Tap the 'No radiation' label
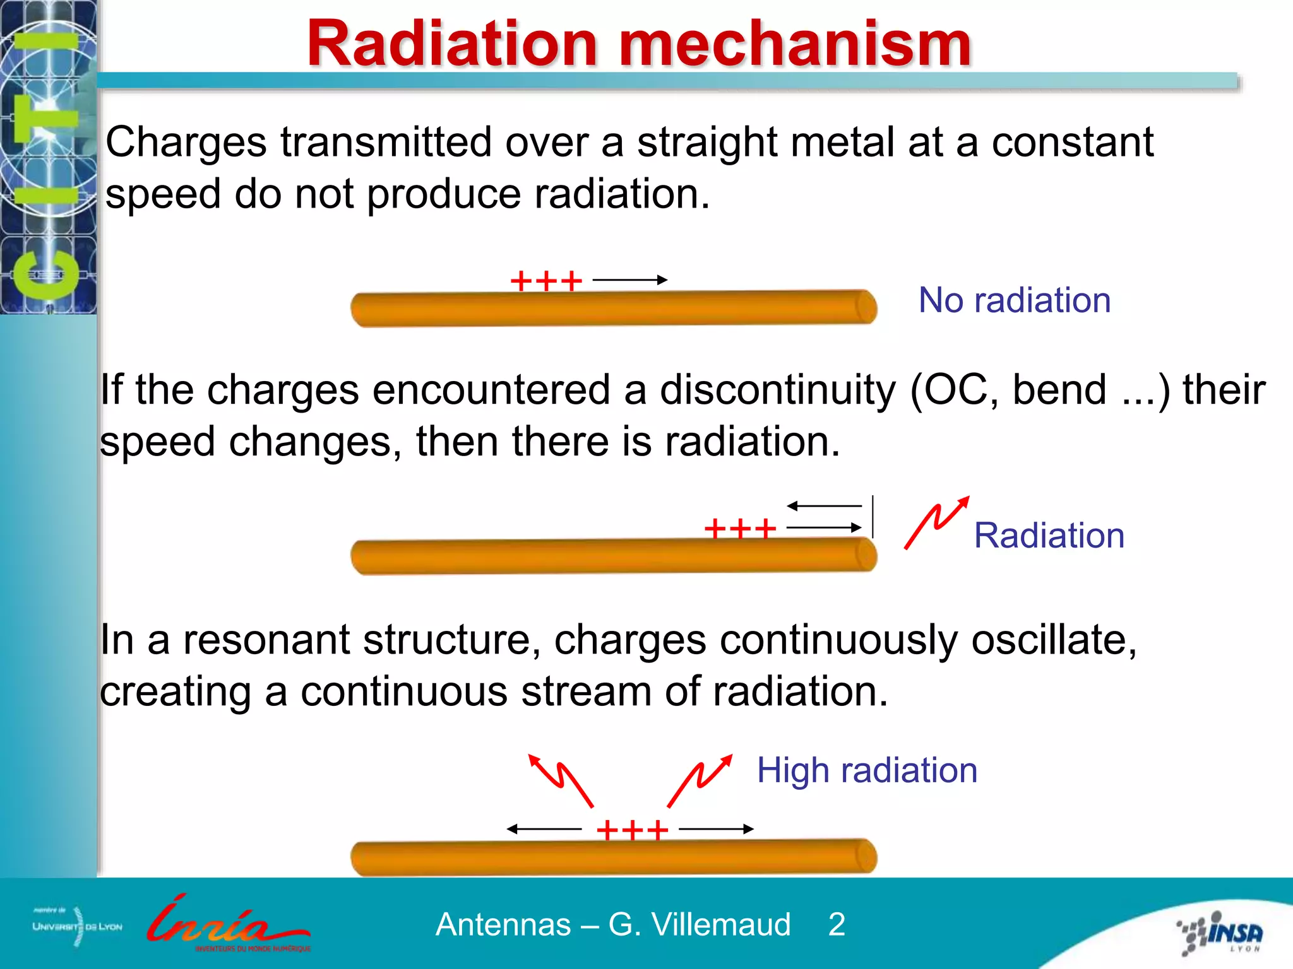click(x=1014, y=300)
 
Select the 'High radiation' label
click(x=867, y=770)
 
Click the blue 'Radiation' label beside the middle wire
click(x=1049, y=536)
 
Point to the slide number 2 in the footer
click(x=837, y=924)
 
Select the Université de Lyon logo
click(x=77, y=926)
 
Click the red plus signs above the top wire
click(x=546, y=281)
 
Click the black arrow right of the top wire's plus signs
click(x=629, y=279)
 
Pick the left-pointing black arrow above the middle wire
click(x=824, y=506)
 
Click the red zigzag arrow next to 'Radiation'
click(x=936, y=522)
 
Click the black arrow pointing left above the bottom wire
click(x=544, y=829)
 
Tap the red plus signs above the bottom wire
click(x=632, y=830)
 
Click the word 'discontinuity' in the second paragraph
click(x=777, y=390)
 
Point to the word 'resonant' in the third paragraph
click(x=266, y=640)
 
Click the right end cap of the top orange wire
click(x=866, y=307)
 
